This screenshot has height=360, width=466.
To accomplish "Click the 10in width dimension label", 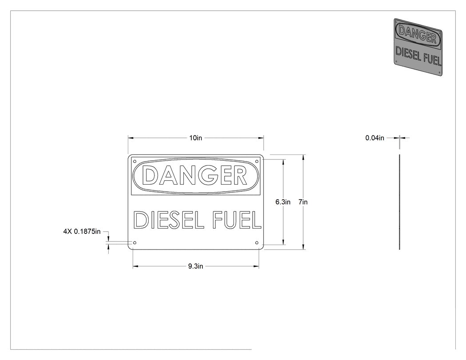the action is click(196, 138).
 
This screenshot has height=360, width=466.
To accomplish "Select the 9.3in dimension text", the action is click(196, 266).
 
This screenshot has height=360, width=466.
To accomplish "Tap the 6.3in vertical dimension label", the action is click(283, 202).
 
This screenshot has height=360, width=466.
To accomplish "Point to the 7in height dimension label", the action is click(303, 202).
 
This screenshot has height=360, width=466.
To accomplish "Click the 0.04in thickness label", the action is click(375, 138).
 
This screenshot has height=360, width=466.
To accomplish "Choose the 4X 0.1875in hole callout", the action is click(82, 232).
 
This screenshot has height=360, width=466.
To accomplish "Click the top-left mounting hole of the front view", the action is click(134, 162).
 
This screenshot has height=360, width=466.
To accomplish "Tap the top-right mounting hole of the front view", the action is click(257, 162).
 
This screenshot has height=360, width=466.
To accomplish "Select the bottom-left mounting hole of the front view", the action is click(134, 243).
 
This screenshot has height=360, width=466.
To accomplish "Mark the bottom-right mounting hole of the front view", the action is click(257, 243).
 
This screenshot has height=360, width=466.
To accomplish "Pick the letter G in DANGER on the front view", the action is click(211, 175).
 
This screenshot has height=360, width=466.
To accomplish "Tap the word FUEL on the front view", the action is click(237, 220).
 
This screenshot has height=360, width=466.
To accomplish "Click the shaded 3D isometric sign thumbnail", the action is click(418, 47).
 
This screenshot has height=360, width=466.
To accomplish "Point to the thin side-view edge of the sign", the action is click(399, 202).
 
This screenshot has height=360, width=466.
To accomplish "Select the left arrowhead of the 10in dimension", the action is click(130, 138).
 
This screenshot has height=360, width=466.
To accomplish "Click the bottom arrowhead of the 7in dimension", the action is click(303, 247).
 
